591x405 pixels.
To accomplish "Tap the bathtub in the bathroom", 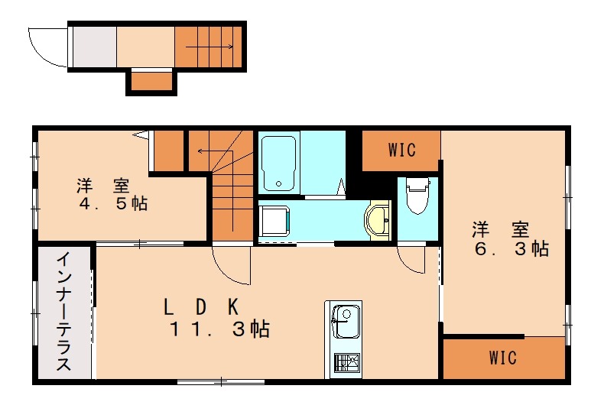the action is point(278,164).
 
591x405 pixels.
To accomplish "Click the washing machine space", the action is point(274,221).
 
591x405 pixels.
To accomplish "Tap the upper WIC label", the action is point(402,150).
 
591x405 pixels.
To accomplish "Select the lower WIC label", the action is point(503,357).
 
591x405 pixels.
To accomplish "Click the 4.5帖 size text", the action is point(113,204).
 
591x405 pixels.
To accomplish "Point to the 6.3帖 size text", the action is point(511,248).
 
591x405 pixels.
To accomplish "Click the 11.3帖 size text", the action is point(219,329).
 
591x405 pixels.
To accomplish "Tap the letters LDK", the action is point(201,306).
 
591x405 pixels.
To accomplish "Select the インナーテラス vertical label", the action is point(63,312).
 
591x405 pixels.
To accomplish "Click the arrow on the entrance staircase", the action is point(209,47).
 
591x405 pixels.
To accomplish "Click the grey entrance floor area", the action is point(94,47).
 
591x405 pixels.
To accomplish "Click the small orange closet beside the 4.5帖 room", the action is point(168,151).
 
